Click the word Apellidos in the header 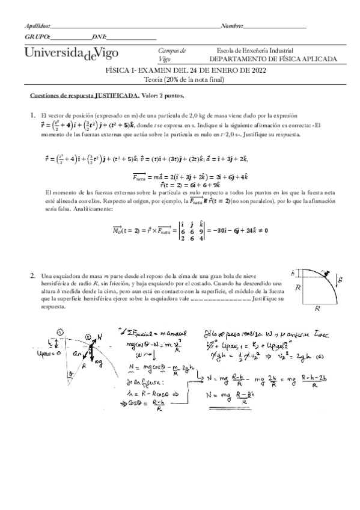pos(37,26)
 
